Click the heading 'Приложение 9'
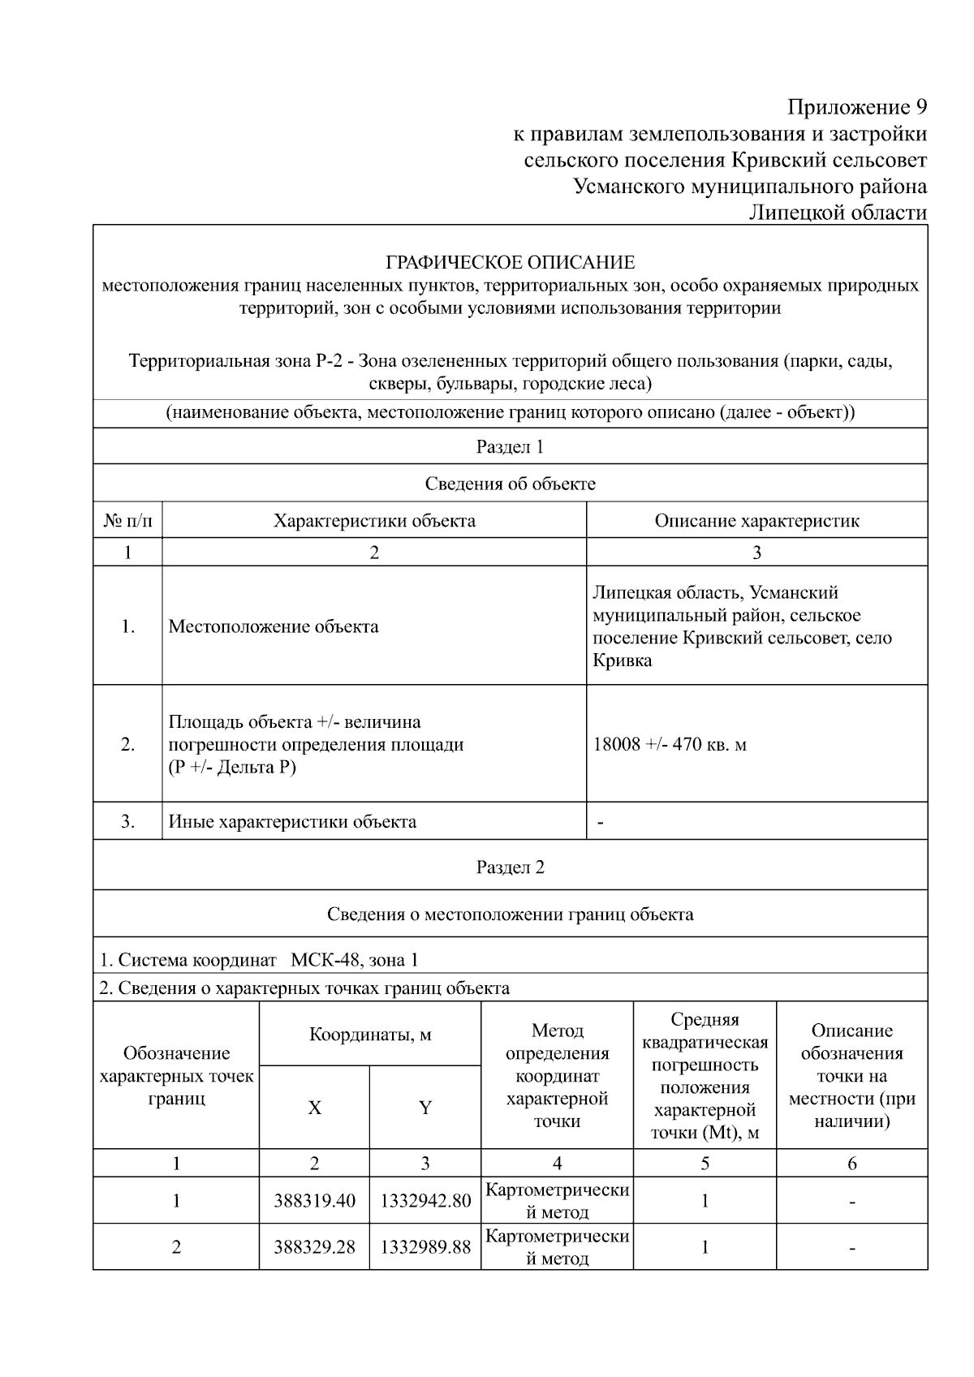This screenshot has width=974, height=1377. click(857, 107)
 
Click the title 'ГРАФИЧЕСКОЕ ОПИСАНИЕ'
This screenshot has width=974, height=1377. click(510, 262)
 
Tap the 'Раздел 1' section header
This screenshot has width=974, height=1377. click(510, 446)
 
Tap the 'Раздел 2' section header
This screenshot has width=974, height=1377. click(510, 867)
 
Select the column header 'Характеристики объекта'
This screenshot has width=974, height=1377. click(374, 520)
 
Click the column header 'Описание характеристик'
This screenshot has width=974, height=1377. click(756, 520)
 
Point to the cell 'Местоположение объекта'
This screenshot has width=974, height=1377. click(274, 626)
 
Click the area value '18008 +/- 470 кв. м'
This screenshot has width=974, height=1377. click(670, 744)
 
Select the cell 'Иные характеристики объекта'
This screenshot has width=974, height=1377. click(292, 821)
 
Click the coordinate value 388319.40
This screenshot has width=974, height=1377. click(314, 1201)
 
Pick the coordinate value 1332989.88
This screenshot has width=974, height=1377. click(425, 1247)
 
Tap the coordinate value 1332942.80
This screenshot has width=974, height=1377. click(425, 1201)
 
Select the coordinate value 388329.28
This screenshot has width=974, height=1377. click(314, 1247)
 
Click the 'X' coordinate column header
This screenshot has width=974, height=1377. click(314, 1108)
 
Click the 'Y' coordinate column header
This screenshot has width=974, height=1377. click(425, 1108)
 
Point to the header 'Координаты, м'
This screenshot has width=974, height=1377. click(370, 1035)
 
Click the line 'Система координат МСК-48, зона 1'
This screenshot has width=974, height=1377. click(260, 960)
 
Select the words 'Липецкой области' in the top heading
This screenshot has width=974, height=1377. click(838, 213)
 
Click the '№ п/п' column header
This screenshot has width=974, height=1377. click(127, 520)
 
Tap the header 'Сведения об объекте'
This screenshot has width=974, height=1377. click(510, 484)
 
